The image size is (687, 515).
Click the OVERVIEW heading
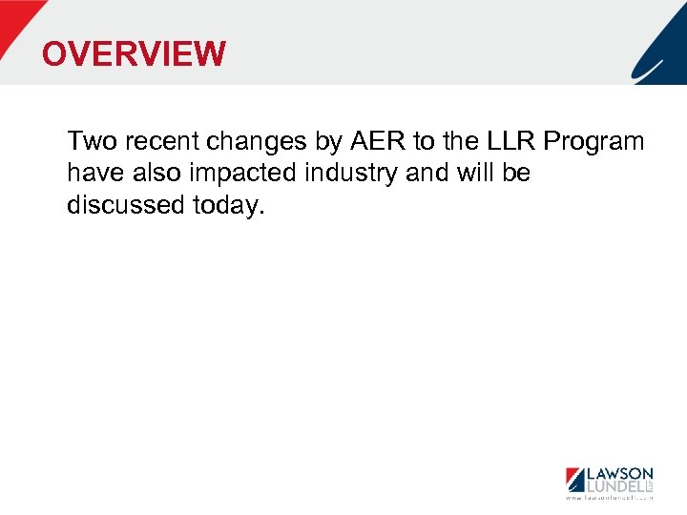point(134,54)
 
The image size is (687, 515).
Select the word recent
point(168,142)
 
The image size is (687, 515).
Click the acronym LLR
point(510,142)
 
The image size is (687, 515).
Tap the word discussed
point(119,206)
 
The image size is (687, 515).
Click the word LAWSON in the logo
point(619,474)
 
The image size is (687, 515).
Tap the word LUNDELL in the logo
point(614,486)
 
